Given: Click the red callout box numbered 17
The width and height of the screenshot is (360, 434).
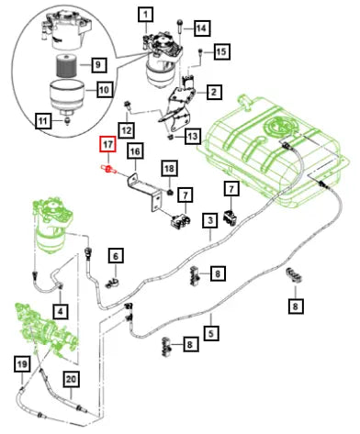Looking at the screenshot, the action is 107,144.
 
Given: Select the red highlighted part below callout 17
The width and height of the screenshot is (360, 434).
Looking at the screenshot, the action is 108,169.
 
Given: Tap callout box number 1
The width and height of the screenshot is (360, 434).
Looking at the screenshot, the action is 145,15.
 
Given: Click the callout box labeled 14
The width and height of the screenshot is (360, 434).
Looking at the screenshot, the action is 201,28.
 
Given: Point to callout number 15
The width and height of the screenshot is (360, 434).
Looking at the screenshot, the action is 221,51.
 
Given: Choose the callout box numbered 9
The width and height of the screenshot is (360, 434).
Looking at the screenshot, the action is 98,64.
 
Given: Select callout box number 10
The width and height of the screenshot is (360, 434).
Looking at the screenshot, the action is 104,90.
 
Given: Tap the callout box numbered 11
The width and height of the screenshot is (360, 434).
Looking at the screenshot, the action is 43,121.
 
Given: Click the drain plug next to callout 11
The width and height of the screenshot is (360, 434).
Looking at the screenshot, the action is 67,120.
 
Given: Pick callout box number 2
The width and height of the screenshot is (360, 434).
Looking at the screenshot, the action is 214,92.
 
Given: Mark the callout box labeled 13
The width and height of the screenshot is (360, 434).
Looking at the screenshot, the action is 193,136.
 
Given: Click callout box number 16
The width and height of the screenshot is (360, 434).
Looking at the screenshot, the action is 135,151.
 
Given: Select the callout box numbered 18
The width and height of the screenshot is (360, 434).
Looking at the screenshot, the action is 169,168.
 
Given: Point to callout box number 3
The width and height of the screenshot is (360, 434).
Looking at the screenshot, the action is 210,220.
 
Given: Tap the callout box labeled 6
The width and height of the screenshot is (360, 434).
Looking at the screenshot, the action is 116,256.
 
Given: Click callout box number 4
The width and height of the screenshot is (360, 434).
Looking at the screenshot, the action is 61,312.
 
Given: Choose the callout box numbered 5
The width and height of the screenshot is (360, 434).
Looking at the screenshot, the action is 211,333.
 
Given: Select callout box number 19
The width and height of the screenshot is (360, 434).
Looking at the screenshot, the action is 22,364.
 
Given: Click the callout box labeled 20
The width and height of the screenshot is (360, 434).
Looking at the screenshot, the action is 71,380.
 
